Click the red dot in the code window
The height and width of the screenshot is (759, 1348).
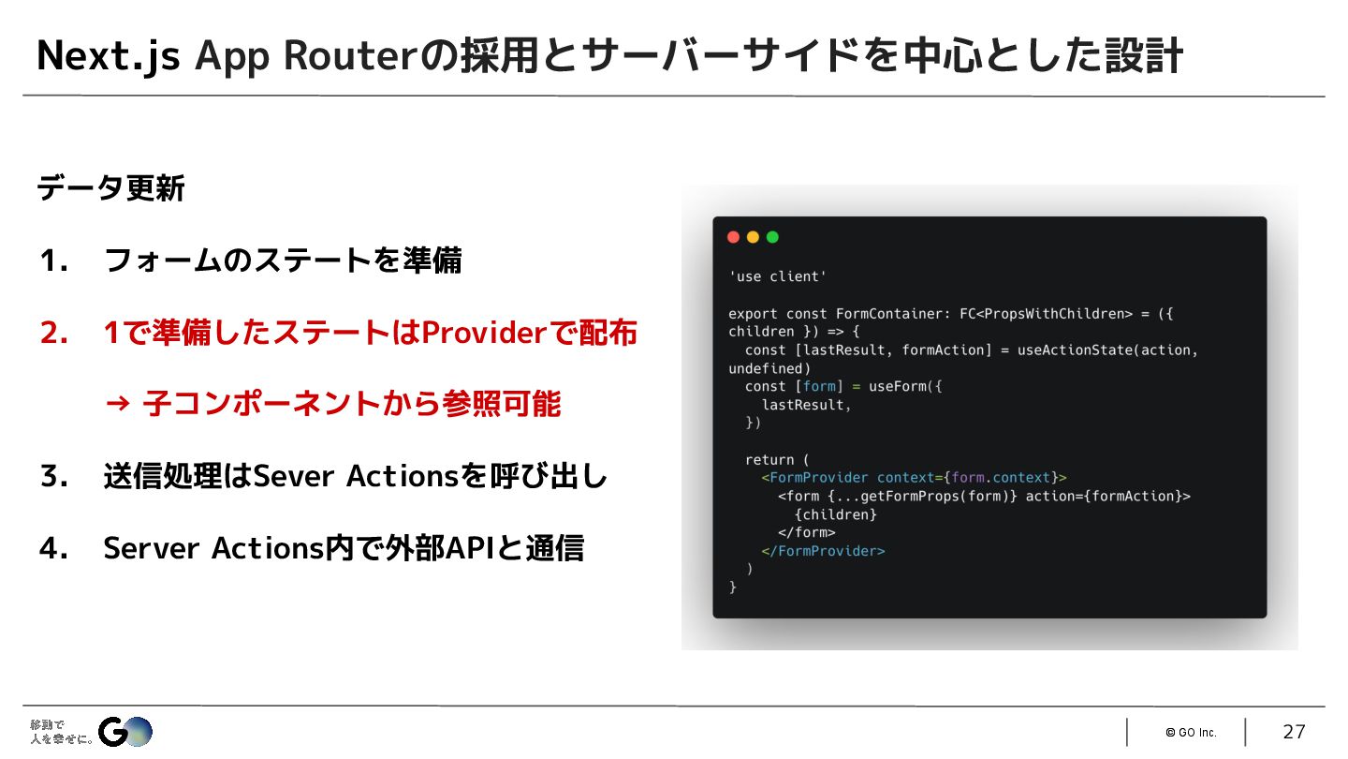pos(733,237)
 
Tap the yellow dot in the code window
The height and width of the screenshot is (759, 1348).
pos(753,237)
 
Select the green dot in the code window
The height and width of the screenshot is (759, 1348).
pos(772,237)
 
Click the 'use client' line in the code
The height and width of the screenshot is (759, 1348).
pos(777,276)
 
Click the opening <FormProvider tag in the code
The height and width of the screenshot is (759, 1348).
pos(815,478)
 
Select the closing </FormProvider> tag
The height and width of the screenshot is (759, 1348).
pos(823,551)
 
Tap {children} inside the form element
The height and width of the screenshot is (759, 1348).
pos(835,514)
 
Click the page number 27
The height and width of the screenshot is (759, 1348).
pos(1294,732)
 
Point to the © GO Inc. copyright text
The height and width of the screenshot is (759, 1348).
pos(1191,733)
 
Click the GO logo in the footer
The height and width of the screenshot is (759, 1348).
pos(125,731)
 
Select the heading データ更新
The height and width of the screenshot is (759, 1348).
pos(110,188)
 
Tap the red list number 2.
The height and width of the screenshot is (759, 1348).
pos(53,333)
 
